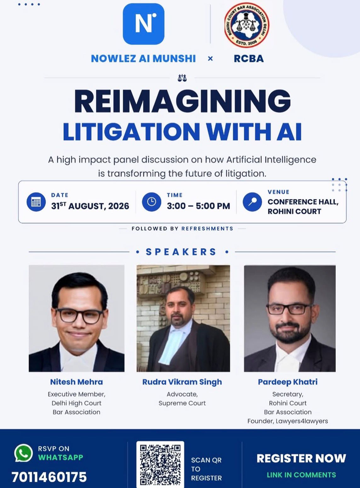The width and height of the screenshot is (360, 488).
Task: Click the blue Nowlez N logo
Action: pos(143,24)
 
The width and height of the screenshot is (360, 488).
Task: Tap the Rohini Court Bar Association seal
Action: pos(247,26)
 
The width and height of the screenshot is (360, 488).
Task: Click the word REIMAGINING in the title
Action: pos(182,102)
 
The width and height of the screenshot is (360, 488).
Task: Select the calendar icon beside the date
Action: pos(36,202)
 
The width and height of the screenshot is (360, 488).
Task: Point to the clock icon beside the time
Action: pos(151,202)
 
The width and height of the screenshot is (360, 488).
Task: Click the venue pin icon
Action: pos(252,202)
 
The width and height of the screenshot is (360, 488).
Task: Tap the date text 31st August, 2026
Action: pos(90,206)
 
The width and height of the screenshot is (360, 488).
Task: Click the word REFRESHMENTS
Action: pos(207,229)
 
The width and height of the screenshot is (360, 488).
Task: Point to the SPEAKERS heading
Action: pos(181,252)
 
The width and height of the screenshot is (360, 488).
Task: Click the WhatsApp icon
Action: pos(24,453)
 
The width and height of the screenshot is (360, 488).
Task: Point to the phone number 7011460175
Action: pos(49,477)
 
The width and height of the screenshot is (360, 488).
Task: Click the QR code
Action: pos(160,465)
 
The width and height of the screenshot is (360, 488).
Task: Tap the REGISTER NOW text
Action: pos(301,458)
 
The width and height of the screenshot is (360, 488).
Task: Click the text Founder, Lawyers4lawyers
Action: pos(288,421)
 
